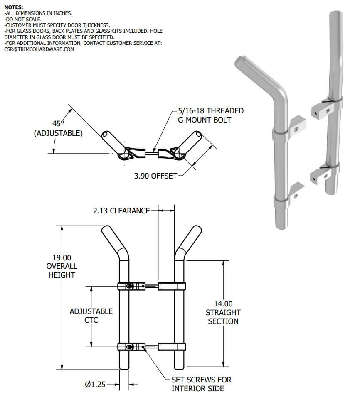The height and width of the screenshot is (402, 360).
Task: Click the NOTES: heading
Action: pyautogui.click(x=14, y=7)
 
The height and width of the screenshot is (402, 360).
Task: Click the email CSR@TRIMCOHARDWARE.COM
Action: pyautogui.click(x=39, y=49)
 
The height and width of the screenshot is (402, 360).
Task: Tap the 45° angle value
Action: pyautogui.click(x=58, y=123)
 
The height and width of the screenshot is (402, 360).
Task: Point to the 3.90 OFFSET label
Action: pyautogui.click(x=155, y=176)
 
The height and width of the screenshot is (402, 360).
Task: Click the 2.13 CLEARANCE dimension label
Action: pyautogui.click(x=121, y=211)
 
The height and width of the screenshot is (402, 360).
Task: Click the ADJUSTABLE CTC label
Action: pyautogui.click(x=91, y=316)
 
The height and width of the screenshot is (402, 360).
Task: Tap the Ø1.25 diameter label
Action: pyautogui.click(x=95, y=385)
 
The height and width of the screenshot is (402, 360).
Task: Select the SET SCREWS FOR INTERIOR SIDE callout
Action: pyautogui.click(x=201, y=384)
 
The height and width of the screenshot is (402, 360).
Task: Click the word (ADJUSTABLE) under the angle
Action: pyautogui.click(x=58, y=134)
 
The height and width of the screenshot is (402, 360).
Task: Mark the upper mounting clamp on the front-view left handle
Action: pyautogui.click(x=129, y=286)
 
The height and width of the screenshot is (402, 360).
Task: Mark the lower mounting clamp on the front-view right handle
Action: pyautogui.click(x=172, y=346)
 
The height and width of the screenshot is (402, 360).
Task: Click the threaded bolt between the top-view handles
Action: pyautogui.click(x=152, y=152)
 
